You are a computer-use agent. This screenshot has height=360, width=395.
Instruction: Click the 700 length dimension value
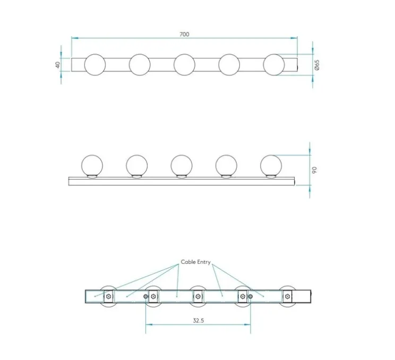(x=184, y=35)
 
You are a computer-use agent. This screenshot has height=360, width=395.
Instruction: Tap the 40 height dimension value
(x=58, y=65)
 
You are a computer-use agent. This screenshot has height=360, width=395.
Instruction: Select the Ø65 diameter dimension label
(x=317, y=65)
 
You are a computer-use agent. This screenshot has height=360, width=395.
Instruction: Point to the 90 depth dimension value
(x=314, y=170)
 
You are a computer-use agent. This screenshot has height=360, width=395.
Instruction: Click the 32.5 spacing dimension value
(x=198, y=321)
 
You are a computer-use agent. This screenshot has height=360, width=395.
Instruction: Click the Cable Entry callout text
(x=195, y=262)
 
